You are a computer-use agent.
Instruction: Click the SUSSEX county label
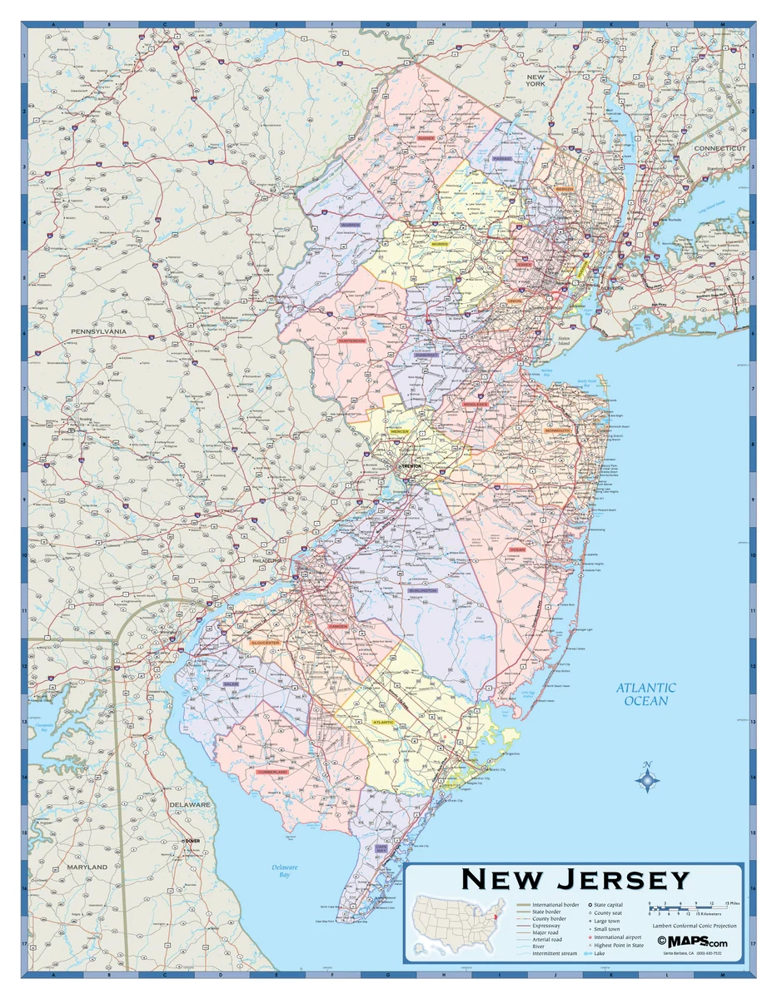pyautogui.click(x=426, y=138)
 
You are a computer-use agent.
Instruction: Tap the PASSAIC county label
pyautogui.click(x=502, y=157)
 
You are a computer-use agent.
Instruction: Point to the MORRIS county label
pyautogui.click(x=439, y=244)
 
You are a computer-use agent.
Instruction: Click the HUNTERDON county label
pyautogui.click(x=351, y=340)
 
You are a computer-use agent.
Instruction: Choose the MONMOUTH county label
pyautogui.click(x=557, y=430)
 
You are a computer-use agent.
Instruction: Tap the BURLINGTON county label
pyautogui.click(x=422, y=590)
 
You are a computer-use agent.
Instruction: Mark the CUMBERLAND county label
pyautogui.click(x=272, y=772)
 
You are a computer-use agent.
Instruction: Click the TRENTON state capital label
pyautogui.click(x=413, y=467)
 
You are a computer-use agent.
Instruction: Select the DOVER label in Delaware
pyautogui.click(x=193, y=841)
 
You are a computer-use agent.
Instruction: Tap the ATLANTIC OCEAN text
pyautogui.click(x=646, y=694)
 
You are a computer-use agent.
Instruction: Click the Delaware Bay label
pyautogui.click(x=284, y=872)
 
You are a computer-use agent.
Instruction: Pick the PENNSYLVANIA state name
pyautogui.click(x=97, y=331)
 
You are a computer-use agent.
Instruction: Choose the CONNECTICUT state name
pyautogui.click(x=720, y=148)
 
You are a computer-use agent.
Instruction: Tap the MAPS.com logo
pyautogui.click(x=692, y=941)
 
